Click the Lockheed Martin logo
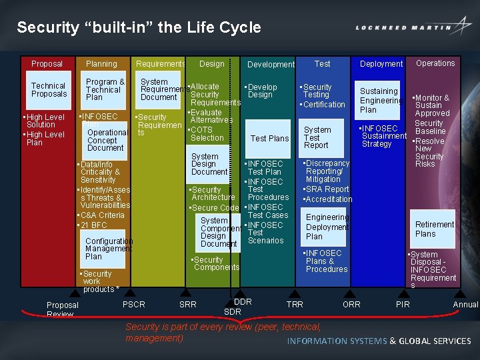[413, 27]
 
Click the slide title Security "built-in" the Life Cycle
[139, 27]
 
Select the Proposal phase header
[47, 64]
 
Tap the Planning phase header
[101, 64]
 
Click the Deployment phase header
[381, 64]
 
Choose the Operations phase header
[435, 63]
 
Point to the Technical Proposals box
[49, 90]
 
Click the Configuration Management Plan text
[109, 249]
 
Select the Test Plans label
[269, 139]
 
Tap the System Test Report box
[317, 137]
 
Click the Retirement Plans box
[434, 229]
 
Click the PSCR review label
[134, 305]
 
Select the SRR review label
[188, 305]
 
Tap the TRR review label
[295, 305]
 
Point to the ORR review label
[351, 305]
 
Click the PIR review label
[403, 305]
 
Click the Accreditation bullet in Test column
[328, 199]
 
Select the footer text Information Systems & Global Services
[379, 341]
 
